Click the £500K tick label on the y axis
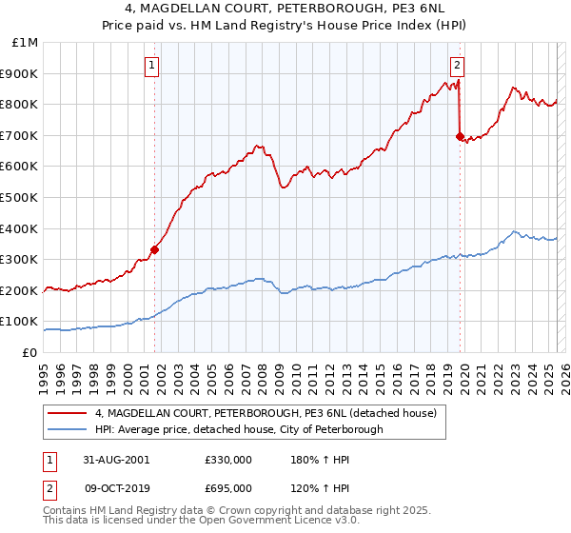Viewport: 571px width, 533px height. point(19,197)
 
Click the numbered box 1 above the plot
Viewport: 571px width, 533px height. point(153,65)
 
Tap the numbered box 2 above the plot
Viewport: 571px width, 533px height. point(457,65)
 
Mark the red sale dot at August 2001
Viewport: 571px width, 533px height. point(154,250)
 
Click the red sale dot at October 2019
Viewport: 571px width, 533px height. point(460,137)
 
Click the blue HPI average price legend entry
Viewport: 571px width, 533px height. point(239,429)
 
